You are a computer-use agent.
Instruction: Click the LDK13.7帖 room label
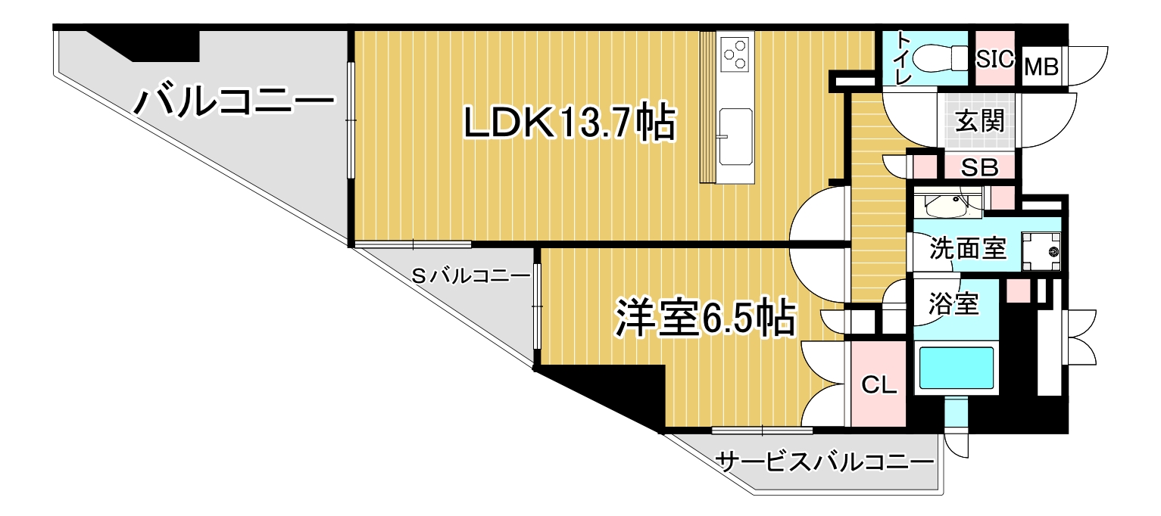click(x=569, y=122)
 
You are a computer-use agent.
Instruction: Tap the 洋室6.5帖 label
click(x=705, y=317)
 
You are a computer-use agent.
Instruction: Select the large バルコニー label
click(x=235, y=101)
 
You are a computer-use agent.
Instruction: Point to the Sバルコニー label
click(x=470, y=276)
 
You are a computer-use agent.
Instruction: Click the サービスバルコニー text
click(x=825, y=462)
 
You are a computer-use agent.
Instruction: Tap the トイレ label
click(x=904, y=58)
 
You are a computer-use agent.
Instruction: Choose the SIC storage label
click(x=995, y=60)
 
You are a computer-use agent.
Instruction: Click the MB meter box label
click(x=1042, y=67)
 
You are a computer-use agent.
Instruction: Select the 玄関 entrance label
click(x=980, y=121)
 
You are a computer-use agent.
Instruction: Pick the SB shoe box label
click(x=979, y=168)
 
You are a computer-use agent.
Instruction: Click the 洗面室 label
click(x=968, y=248)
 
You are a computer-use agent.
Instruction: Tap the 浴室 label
click(x=953, y=304)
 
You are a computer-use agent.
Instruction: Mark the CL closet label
click(x=879, y=385)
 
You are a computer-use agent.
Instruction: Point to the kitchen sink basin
click(x=735, y=137)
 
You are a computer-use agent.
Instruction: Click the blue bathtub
click(x=957, y=367)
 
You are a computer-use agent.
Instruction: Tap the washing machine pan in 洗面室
click(x=1041, y=252)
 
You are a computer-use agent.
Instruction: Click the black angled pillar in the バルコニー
click(x=150, y=45)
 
